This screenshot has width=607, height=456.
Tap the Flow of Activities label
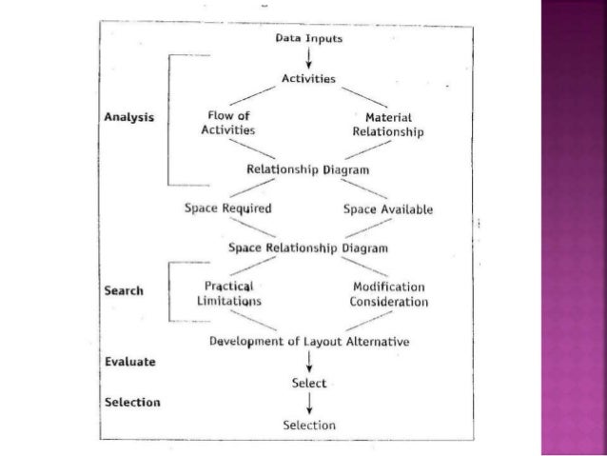click(x=229, y=123)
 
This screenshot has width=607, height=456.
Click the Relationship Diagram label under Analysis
click(x=308, y=169)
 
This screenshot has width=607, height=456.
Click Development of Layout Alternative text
click(x=308, y=339)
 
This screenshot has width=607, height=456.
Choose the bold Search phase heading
click(x=127, y=291)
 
